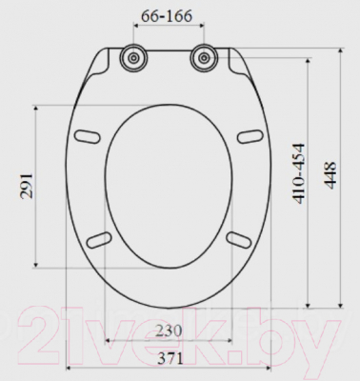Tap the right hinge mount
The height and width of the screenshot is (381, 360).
tap(202, 59)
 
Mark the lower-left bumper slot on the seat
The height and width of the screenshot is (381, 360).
tap(98, 238)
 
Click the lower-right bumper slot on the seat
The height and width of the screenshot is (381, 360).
tap(237, 238)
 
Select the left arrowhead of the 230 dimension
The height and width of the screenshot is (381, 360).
tap(106, 340)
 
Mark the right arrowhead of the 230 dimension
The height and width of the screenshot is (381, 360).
tap(231, 340)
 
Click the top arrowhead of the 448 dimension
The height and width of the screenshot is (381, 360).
tap(342, 44)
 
